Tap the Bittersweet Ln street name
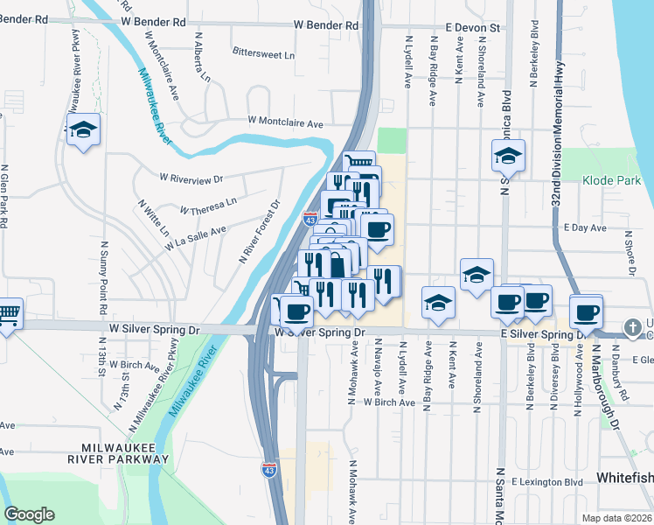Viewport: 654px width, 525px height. point(263,54)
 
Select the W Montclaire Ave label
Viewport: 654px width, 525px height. point(286,121)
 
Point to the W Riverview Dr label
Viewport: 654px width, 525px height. point(191,178)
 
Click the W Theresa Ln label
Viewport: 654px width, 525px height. point(208,206)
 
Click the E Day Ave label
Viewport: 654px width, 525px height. point(586,227)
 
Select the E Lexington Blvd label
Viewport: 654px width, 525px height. point(547,482)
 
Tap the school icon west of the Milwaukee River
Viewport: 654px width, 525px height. point(83,130)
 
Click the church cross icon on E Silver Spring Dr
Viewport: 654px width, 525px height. point(632,327)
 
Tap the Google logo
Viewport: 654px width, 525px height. point(29,514)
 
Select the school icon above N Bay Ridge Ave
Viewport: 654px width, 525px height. point(438,303)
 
